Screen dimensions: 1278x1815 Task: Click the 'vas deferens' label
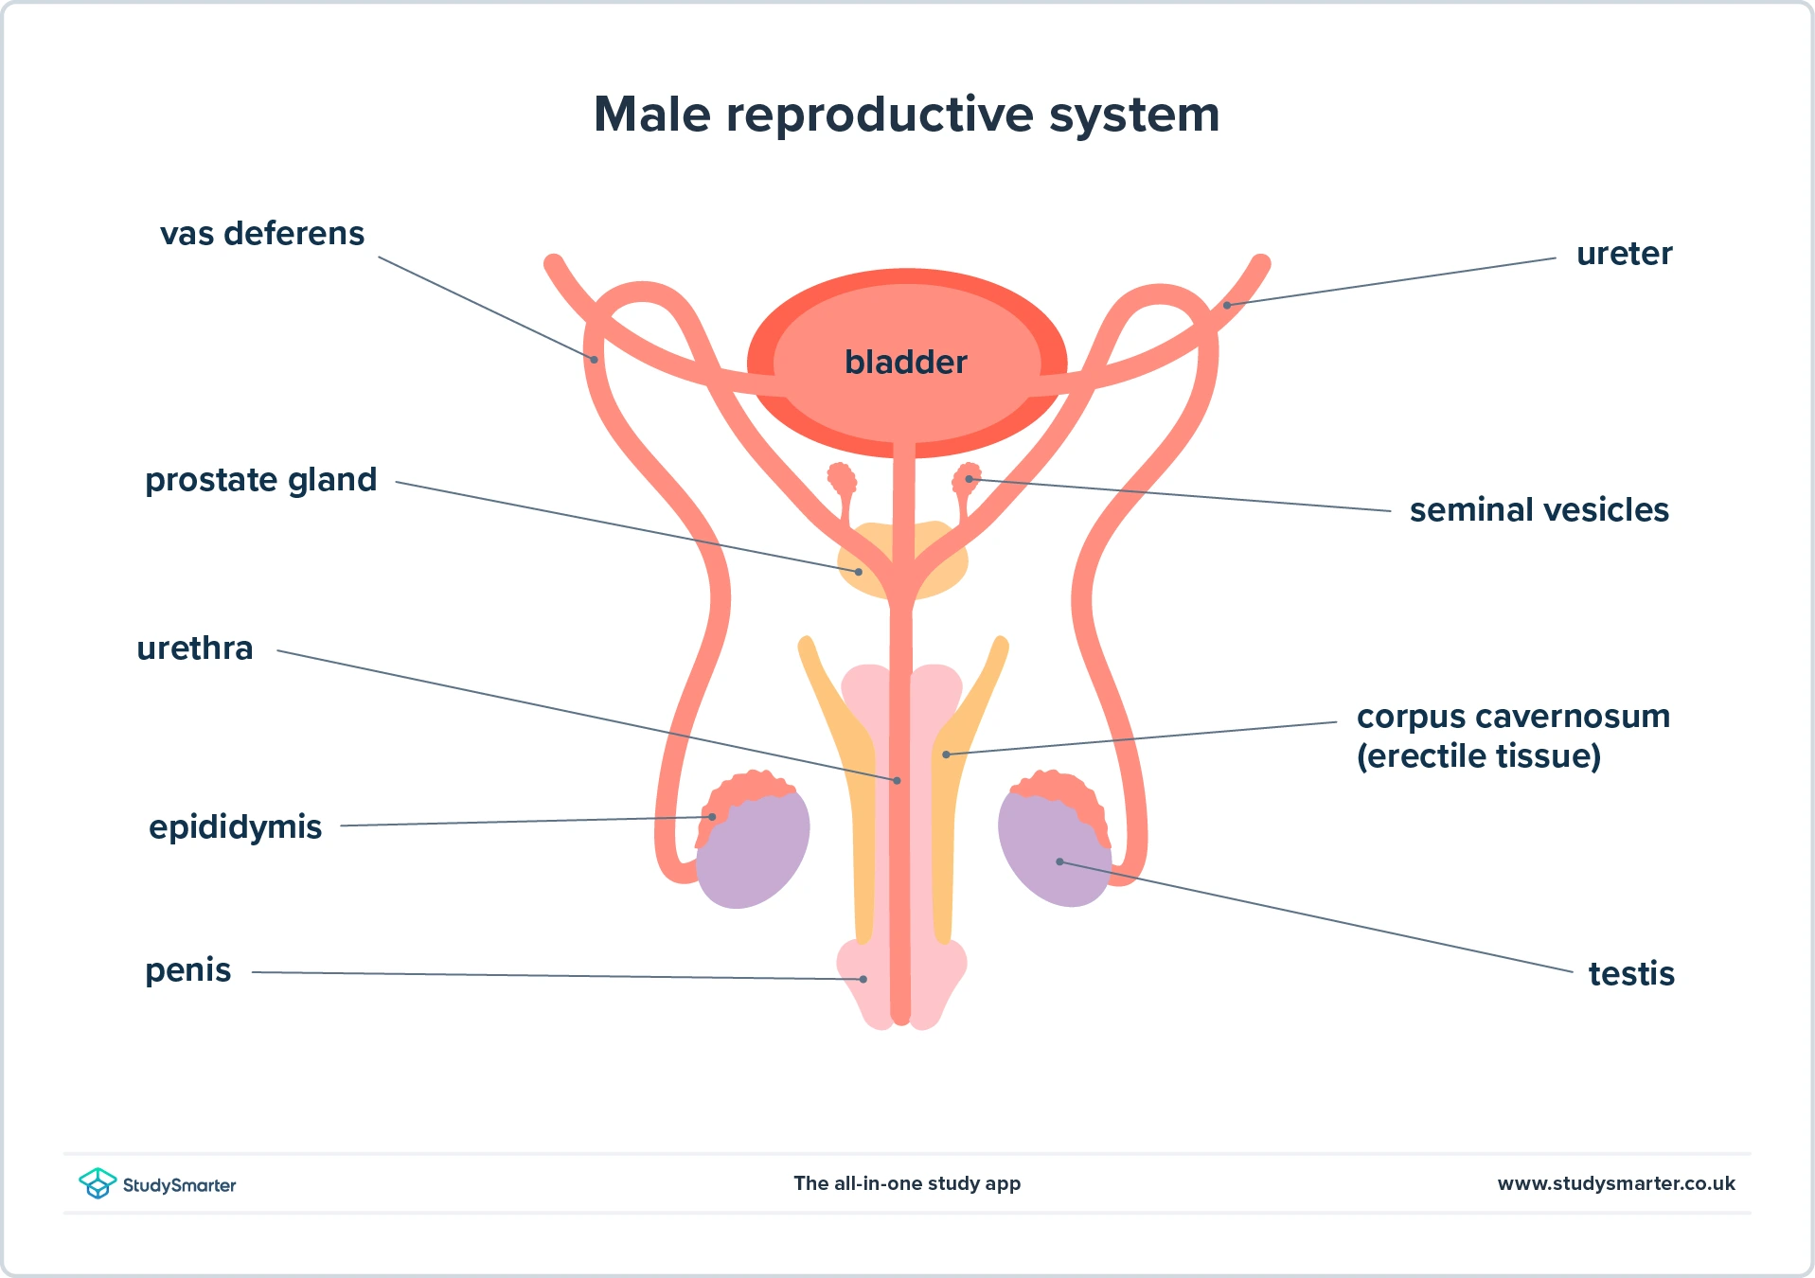click(261, 234)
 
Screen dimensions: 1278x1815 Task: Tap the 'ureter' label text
click(1624, 254)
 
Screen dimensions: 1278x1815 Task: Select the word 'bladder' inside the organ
click(905, 362)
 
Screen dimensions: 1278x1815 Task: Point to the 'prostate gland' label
click(260, 480)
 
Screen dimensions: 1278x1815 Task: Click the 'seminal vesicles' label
click(1539, 510)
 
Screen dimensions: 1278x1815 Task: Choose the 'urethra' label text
click(195, 648)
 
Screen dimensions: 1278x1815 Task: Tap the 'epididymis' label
click(235, 827)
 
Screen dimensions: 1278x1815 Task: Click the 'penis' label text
click(187, 970)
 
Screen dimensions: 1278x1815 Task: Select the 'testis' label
click(1630, 974)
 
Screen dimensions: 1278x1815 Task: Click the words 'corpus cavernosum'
click(1513, 717)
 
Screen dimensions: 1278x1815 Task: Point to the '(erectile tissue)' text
click(1478, 756)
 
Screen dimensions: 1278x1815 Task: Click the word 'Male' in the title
click(651, 115)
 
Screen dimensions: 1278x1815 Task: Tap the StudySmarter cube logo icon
click(97, 1183)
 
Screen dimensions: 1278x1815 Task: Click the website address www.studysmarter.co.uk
click(1615, 1183)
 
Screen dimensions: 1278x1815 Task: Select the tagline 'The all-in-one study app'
click(907, 1183)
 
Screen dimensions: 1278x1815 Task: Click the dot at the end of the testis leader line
click(1059, 861)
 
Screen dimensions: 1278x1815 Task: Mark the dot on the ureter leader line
click(1226, 305)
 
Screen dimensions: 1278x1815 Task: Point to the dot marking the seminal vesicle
click(969, 479)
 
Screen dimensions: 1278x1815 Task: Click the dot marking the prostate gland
click(859, 572)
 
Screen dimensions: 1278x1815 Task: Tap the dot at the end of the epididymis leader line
click(712, 816)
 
